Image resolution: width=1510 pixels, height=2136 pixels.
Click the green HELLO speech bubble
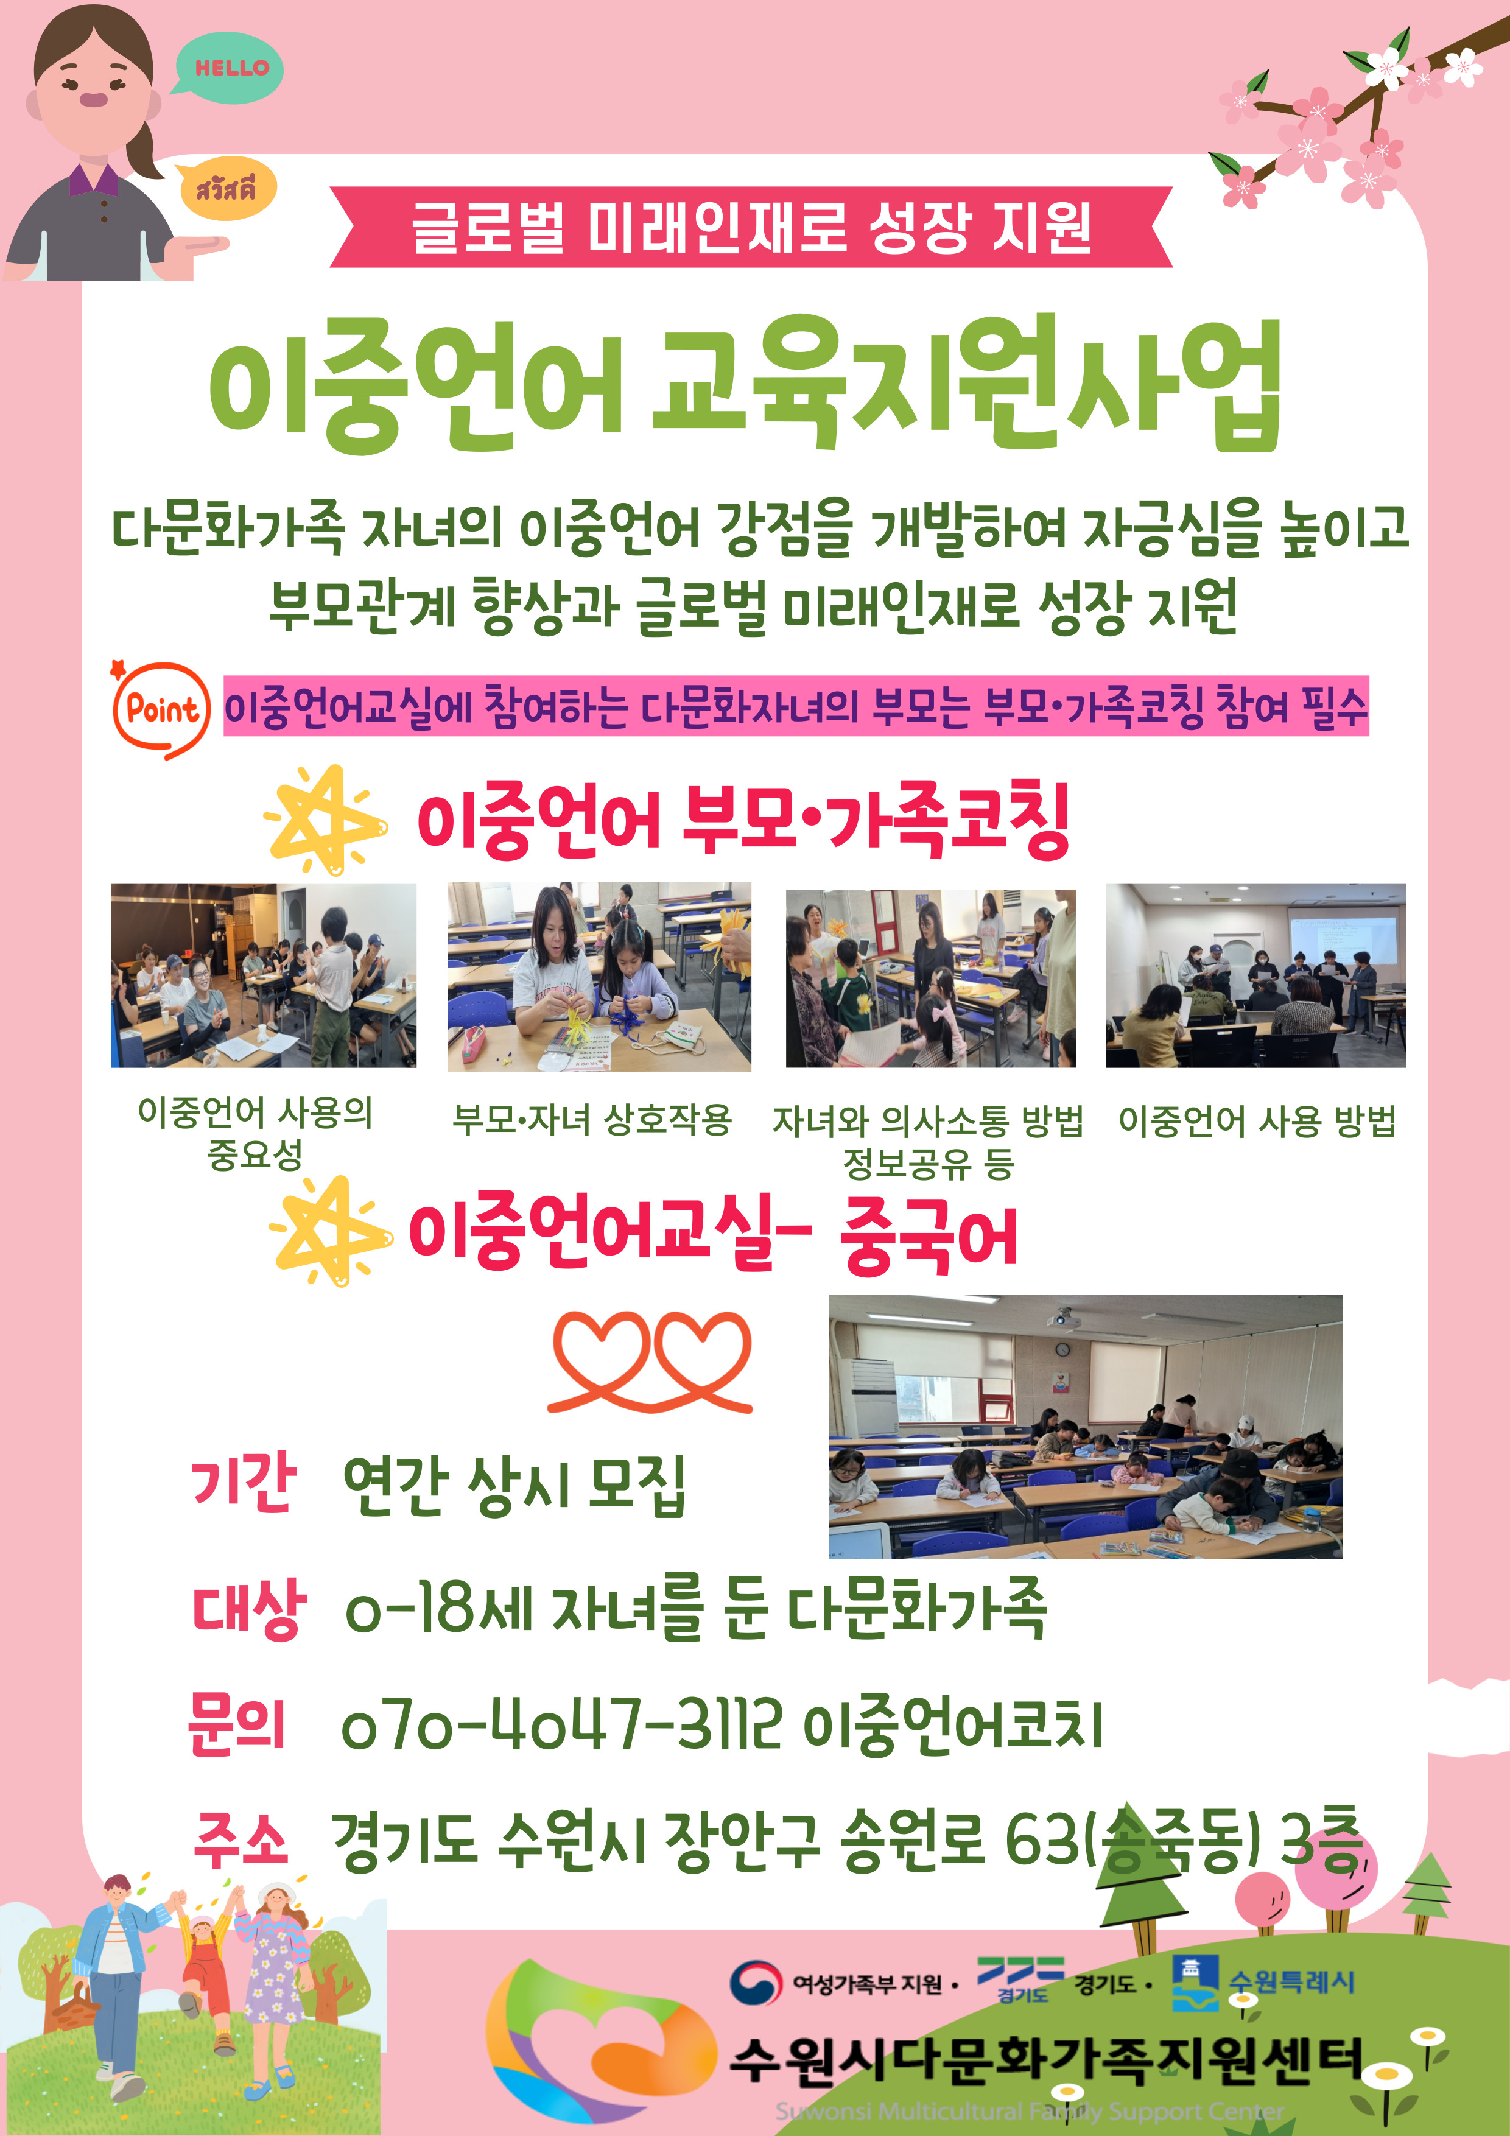(x=228, y=67)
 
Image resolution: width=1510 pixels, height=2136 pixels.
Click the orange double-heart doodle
(x=650, y=1361)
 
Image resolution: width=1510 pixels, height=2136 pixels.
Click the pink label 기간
(x=244, y=1481)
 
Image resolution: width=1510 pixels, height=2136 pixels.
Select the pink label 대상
(x=248, y=1607)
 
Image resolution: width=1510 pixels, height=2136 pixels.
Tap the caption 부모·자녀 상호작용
(x=592, y=1119)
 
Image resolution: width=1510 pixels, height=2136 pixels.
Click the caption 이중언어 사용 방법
(x=1257, y=1120)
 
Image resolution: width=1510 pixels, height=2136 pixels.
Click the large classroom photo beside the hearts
(x=1086, y=1426)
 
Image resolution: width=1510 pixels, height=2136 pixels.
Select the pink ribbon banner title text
(x=752, y=227)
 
